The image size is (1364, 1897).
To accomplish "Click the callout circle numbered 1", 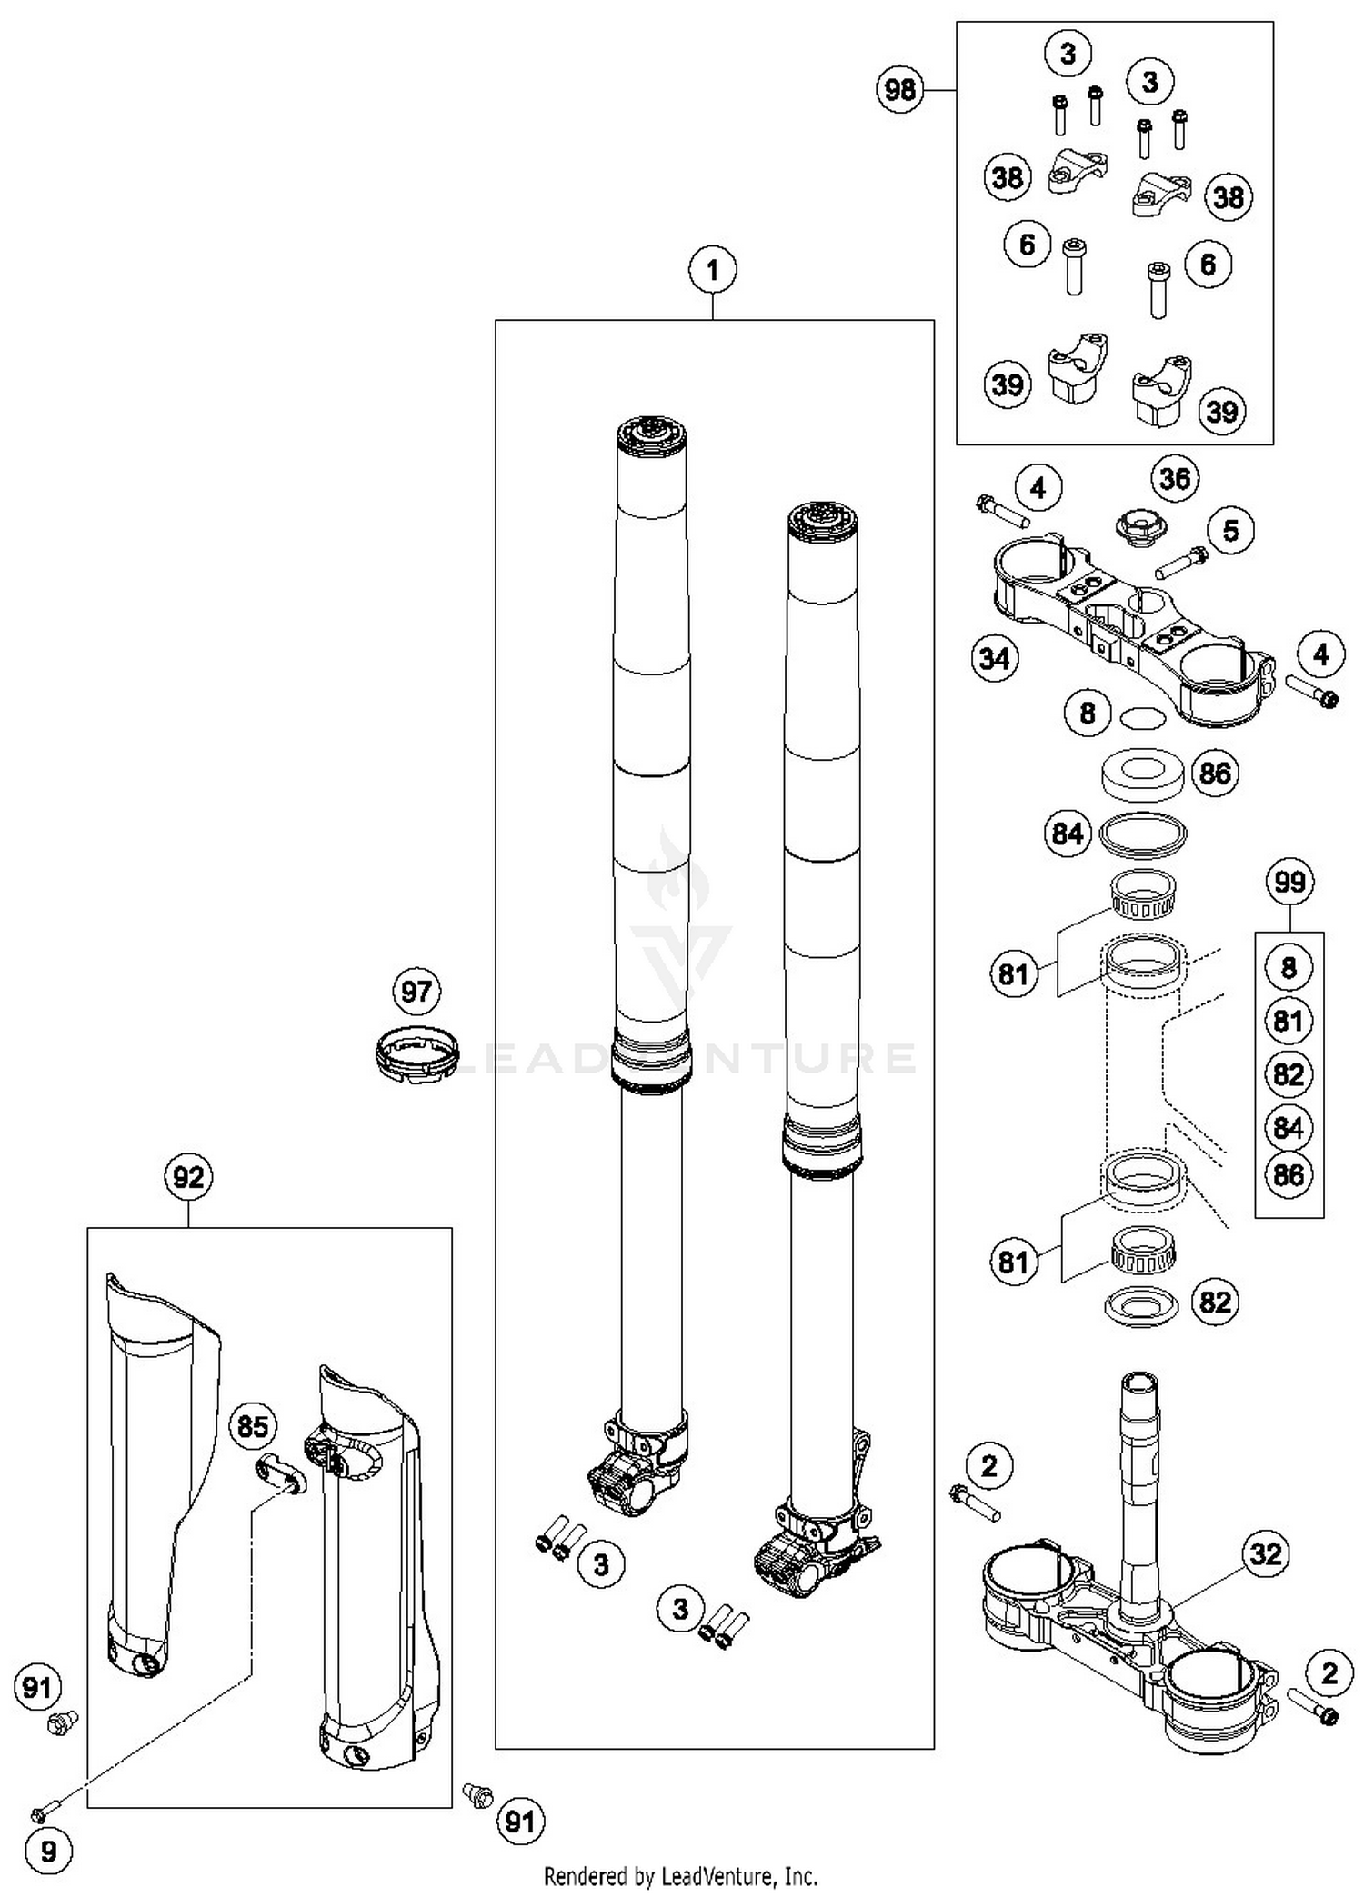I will pyautogui.click(x=712, y=270).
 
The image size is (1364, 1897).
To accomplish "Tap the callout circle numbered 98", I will pyautogui.click(x=900, y=90).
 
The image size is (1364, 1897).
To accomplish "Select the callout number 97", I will pyautogui.click(x=416, y=991).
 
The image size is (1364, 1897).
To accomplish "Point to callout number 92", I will pyautogui.click(x=188, y=1177).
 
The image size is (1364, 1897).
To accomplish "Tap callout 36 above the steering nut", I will pyautogui.click(x=1175, y=478).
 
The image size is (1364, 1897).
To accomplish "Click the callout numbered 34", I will pyautogui.click(x=995, y=657).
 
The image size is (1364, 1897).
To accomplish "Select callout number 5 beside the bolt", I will pyautogui.click(x=1230, y=530).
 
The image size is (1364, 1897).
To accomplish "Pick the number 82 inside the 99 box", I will pyautogui.click(x=1289, y=1074).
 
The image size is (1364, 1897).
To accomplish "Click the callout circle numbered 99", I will pyautogui.click(x=1289, y=881).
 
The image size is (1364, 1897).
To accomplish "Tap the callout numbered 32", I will pyautogui.click(x=1266, y=1553).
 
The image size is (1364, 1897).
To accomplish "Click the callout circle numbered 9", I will pyautogui.click(x=48, y=1851).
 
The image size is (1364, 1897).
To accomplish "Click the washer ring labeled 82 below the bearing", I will pyautogui.click(x=1140, y=1306).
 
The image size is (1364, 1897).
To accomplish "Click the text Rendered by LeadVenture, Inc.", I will pyautogui.click(x=680, y=1876).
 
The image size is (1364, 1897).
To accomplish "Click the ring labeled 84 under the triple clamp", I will pyautogui.click(x=1143, y=834).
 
